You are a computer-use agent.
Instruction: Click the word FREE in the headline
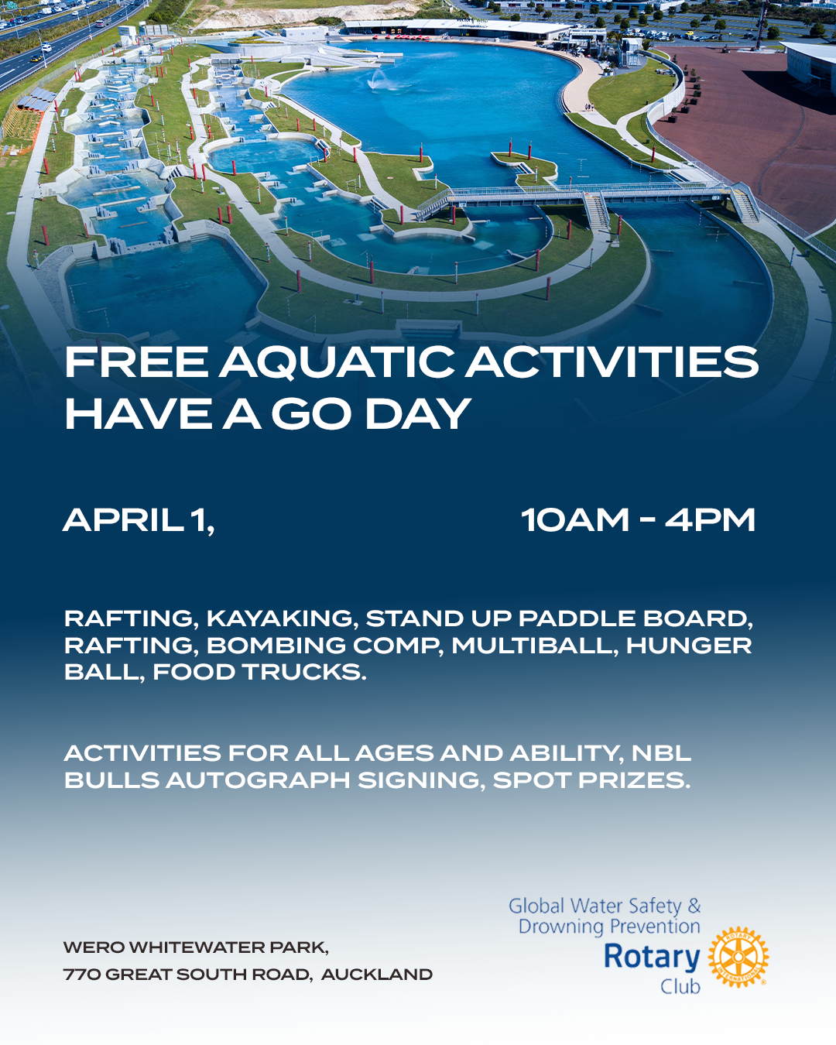point(136,362)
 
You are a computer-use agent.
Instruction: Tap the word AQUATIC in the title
point(337,363)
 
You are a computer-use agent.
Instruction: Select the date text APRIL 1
point(139,520)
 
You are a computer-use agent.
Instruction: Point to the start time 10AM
point(575,520)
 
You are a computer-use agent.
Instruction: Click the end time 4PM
point(710,520)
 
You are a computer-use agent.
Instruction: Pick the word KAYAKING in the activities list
point(279,618)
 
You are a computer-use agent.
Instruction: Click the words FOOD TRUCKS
point(259,672)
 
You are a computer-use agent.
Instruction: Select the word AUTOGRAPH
point(258,780)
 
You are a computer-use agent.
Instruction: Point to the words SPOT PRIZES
point(591,780)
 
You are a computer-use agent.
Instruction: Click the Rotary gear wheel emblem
point(738,957)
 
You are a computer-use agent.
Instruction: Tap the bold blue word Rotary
point(652,958)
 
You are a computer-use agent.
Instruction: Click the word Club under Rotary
point(680,986)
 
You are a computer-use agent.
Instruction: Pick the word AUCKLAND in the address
point(376,974)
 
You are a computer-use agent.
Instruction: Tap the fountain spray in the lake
point(379,81)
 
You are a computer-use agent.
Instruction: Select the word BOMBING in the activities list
point(276,646)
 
